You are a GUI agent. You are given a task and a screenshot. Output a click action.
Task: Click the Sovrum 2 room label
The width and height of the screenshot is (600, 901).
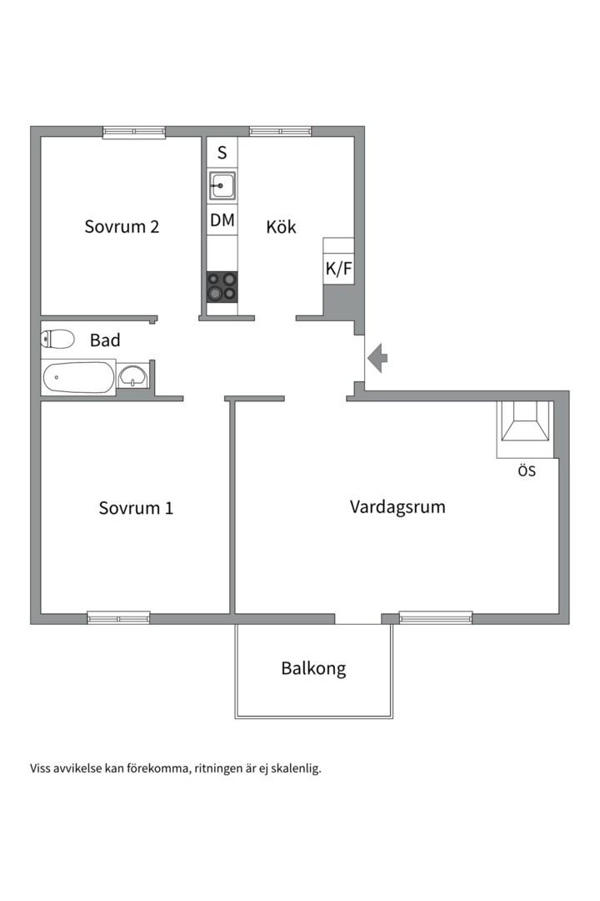[x=122, y=226]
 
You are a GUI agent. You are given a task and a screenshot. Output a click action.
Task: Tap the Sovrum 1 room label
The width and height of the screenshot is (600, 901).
[x=136, y=508]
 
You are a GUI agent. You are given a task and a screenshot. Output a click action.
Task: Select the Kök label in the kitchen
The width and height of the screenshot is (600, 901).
[x=281, y=226]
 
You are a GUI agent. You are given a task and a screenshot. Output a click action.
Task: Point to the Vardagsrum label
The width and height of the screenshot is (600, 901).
[x=397, y=507]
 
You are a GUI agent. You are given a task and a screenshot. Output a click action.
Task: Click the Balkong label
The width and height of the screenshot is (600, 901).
[x=313, y=669]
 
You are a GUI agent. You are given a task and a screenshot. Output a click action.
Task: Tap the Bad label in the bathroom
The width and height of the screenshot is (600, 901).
[x=105, y=340]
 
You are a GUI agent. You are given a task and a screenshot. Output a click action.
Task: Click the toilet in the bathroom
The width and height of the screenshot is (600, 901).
[x=57, y=339]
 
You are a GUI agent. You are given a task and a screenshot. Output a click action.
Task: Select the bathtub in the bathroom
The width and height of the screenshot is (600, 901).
[x=78, y=378]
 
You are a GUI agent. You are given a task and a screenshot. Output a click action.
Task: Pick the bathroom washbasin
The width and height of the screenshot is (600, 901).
[x=133, y=378]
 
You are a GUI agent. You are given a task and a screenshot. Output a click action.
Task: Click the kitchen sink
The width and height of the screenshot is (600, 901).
[x=222, y=185]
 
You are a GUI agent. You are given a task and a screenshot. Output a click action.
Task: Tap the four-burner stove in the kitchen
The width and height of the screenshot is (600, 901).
[x=222, y=286]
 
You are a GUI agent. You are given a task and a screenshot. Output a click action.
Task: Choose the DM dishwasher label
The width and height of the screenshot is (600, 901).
[x=222, y=220]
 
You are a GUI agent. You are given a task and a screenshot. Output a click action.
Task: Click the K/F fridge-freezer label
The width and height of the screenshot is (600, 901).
[x=339, y=269]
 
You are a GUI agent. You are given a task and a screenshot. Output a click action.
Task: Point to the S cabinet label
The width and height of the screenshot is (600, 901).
[x=222, y=153]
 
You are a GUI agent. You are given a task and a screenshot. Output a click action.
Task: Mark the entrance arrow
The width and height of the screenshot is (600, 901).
[x=377, y=357]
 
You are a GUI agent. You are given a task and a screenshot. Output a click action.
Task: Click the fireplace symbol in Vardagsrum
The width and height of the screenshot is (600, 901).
[x=525, y=422]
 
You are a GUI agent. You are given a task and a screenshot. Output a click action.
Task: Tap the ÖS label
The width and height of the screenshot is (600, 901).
[x=527, y=471]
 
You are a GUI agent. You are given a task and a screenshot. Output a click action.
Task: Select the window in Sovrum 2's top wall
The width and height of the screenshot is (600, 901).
[x=134, y=132]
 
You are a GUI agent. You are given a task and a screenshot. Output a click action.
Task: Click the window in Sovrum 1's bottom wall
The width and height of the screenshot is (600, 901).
[x=118, y=617]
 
